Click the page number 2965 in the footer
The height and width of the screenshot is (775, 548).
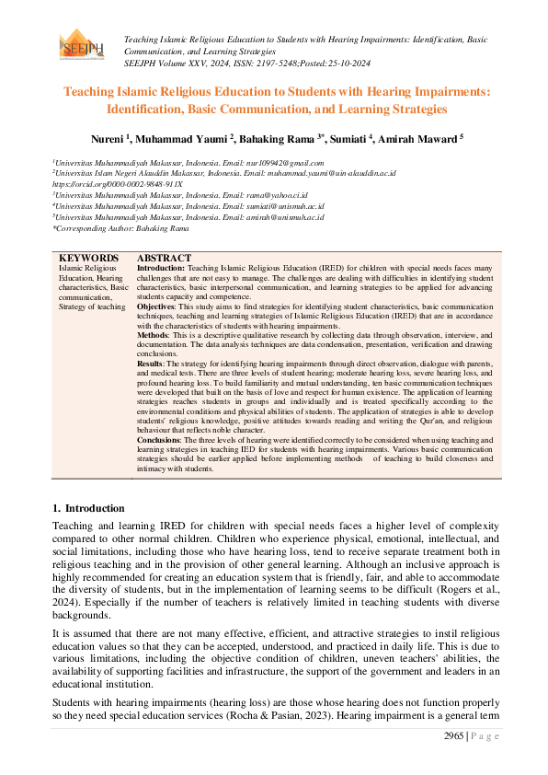453,735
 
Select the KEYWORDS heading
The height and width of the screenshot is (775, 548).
88,258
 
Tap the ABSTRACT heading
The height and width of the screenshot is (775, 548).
164,258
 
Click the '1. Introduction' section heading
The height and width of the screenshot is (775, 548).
88,508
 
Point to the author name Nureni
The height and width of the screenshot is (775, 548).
109,138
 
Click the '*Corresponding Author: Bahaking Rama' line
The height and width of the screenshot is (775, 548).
120,227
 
